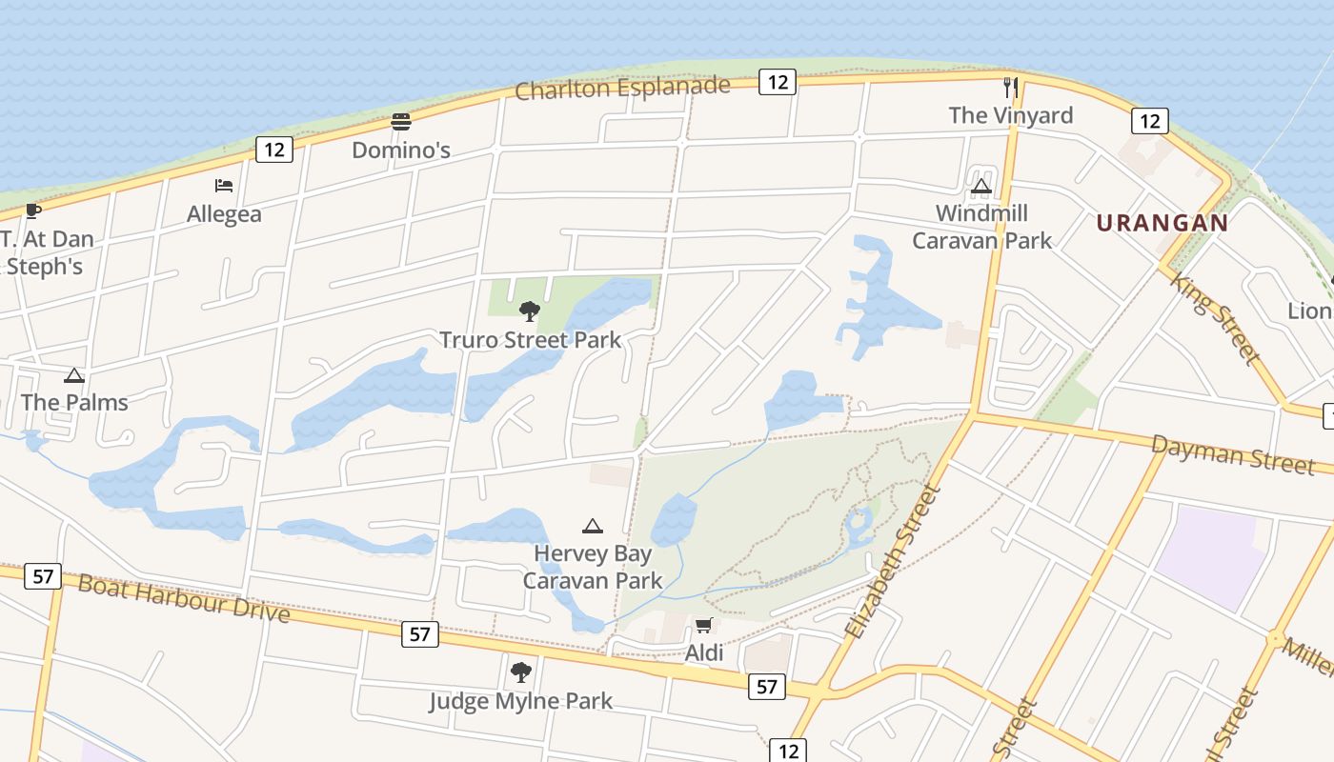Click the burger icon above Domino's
pyautogui.click(x=401, y=122)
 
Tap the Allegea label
pyautogui.click(x=224, y=214)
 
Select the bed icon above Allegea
pyautogui.click(x=224, y=186)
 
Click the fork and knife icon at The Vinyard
pyautogui.click(x=1011, y=88)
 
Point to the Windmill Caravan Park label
pyautogui.click(x=982, y=227)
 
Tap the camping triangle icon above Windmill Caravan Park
pyautogui.click(x=981, y=186)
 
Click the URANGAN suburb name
pyautogui.click(x=1162, y=223)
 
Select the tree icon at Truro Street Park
pyautogui.click(x=529, y=311)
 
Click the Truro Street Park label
pyautogui.click(x=530, y=340)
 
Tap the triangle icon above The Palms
pyautogui.click(x=74, y=376)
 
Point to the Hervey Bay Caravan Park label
pyautogui.click(x=593, y=567)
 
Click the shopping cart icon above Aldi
pyautogui.click(x=703, y=626)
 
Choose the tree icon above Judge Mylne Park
pyautogui.click(x=520, y=672)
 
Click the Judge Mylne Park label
pyautogui.click(x=520, y=702)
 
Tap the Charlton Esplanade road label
pyautogui.click(x=623, y=89)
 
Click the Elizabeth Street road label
pyautogui.click(x=893, y=562)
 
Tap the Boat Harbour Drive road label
pyautogui.click(x=183, y=597)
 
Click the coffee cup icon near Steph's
pyautogui.click(x=33, y=211)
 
